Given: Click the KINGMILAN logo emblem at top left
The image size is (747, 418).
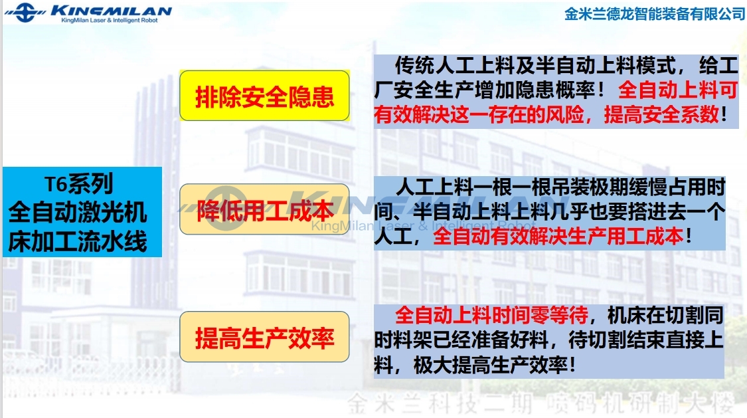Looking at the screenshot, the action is click(x=25, y=13).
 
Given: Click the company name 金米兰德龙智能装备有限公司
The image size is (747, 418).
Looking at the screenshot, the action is click(x=655, y=14).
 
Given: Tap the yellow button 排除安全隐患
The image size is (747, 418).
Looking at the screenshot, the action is click(x=264, y=96).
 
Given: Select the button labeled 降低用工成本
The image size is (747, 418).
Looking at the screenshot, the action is click(x=264, y=210).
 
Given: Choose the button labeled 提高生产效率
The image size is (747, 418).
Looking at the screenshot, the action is click(x=264, y=337).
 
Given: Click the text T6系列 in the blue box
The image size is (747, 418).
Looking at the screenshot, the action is click(x=79, y=184).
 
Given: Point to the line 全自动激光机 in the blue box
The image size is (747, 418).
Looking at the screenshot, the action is click(x=78, y=212).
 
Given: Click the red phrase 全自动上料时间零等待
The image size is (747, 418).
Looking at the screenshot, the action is click(x=491, y=316).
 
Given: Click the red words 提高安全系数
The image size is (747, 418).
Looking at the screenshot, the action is click(x=662, y=114).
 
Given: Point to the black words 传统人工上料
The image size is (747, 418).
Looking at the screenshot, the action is click(x=453, y=65).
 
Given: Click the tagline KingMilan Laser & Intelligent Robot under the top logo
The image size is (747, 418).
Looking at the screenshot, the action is click(x=109, y=21).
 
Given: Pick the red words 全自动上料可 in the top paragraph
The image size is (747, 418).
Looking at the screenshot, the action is click(x=678, y=90).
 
